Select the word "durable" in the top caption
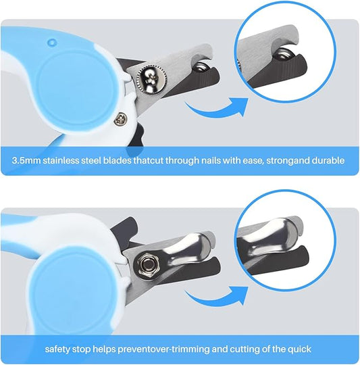[328, 161]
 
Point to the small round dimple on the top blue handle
[52, 42]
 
